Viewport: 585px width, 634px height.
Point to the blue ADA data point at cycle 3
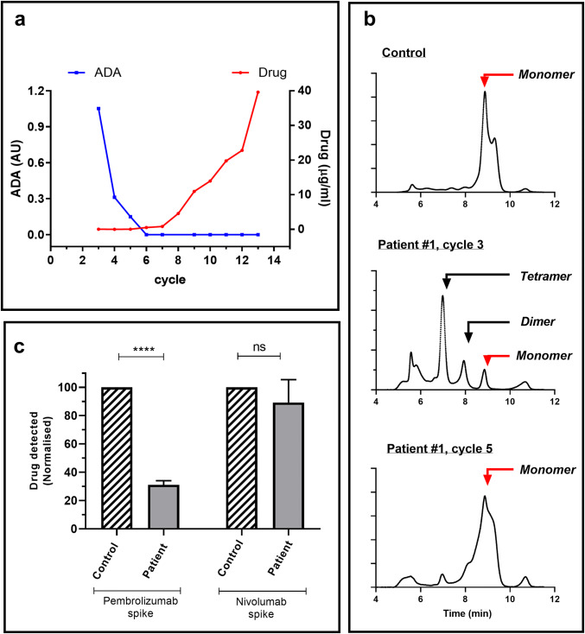point(99,109)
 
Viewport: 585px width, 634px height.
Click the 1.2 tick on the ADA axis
point(35,92)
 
